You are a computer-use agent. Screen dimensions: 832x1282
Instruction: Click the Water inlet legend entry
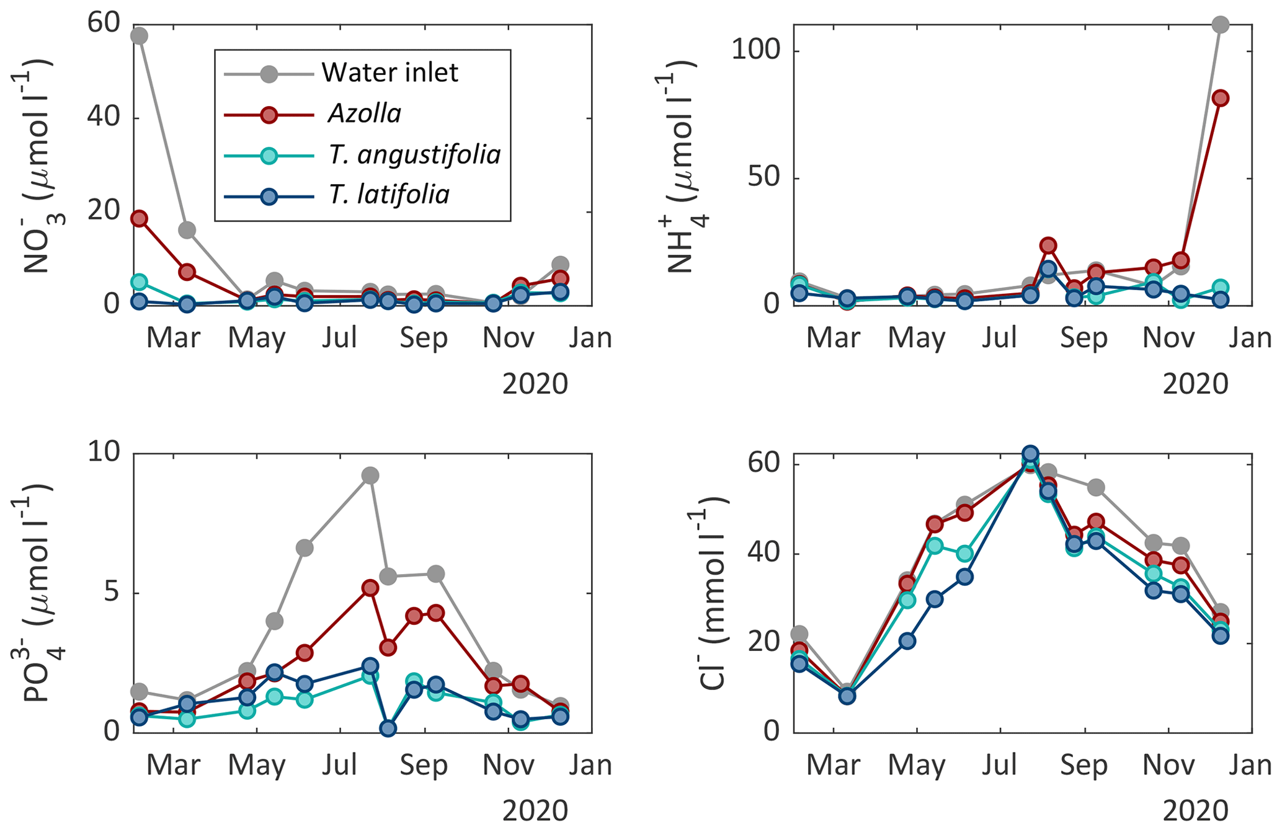tap(389, 73)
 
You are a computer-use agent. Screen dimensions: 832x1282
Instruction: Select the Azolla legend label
tap(364, 114)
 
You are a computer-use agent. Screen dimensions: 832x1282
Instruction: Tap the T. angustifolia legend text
tap(414, 154)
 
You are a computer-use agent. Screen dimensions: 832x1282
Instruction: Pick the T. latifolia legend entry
tap(389, 195)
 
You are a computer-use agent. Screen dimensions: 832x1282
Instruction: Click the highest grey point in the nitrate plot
tap(140, 36)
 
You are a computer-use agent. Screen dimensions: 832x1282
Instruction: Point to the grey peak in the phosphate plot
tap(370, 476)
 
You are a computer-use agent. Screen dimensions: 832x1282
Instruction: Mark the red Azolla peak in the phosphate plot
tap(370, 588)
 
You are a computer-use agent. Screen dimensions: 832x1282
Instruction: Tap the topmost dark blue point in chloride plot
tap(1030, 454)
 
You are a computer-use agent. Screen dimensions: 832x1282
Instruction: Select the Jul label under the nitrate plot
tap(339, 339)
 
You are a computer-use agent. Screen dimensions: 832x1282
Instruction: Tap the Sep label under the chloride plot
tap(1084, 766)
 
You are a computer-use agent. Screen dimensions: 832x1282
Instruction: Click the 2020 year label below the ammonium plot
tap(1195, 384)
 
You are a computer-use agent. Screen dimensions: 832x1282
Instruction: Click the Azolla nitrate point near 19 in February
tap(140, 218)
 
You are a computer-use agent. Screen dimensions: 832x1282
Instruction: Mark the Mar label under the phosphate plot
tap(173, 766)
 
